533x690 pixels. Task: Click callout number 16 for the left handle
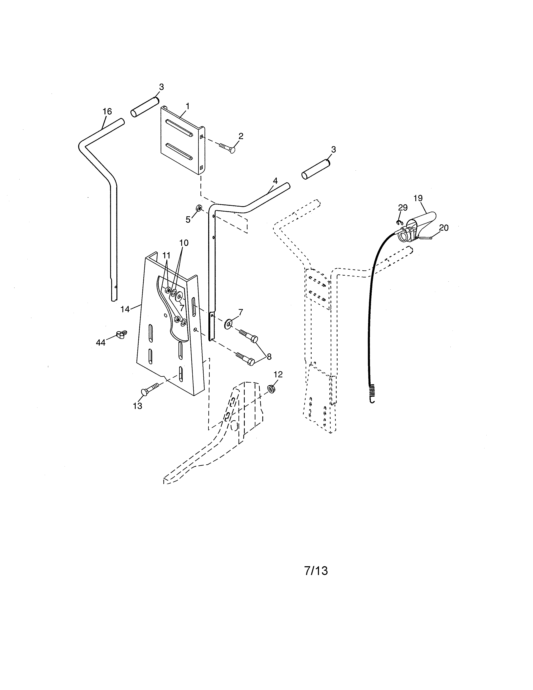[x=107, y=111]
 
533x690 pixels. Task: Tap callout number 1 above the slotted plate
[x=187, y=106]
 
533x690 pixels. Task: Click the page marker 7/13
[x=316, y=571]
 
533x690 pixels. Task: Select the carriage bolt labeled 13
[x=150, y=389]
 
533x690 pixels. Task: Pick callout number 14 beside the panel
[x=125, y=309]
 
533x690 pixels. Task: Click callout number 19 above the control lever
[x=418, y=198]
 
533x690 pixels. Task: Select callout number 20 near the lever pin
[x=444, y=227]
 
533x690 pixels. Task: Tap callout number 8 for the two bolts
[x=269, y=356]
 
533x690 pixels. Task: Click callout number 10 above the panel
[x=184, y=243]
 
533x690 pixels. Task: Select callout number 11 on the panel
[x=166, y=255]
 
